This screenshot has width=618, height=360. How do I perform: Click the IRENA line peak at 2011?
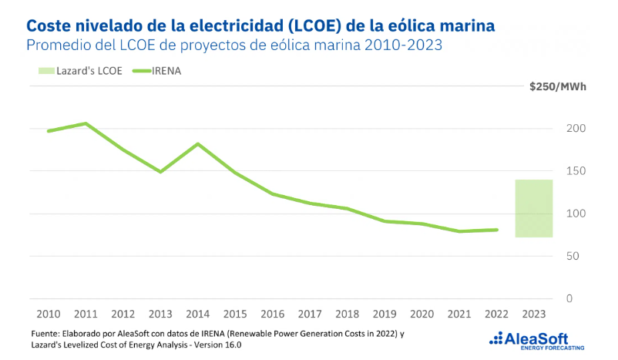(85, 123)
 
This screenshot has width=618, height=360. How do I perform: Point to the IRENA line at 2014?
(198, 144)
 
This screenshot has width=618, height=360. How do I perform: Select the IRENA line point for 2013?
(160, 172)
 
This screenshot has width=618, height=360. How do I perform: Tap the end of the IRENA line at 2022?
(497, 230)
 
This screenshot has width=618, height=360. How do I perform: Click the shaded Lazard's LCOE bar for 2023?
(534, 208)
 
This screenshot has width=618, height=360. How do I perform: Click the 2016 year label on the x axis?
(273, 314)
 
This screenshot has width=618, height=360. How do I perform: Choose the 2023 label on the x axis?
(534, 314)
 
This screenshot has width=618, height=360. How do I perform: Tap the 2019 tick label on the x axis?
(385, 314)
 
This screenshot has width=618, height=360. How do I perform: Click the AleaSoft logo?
(537, 339)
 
